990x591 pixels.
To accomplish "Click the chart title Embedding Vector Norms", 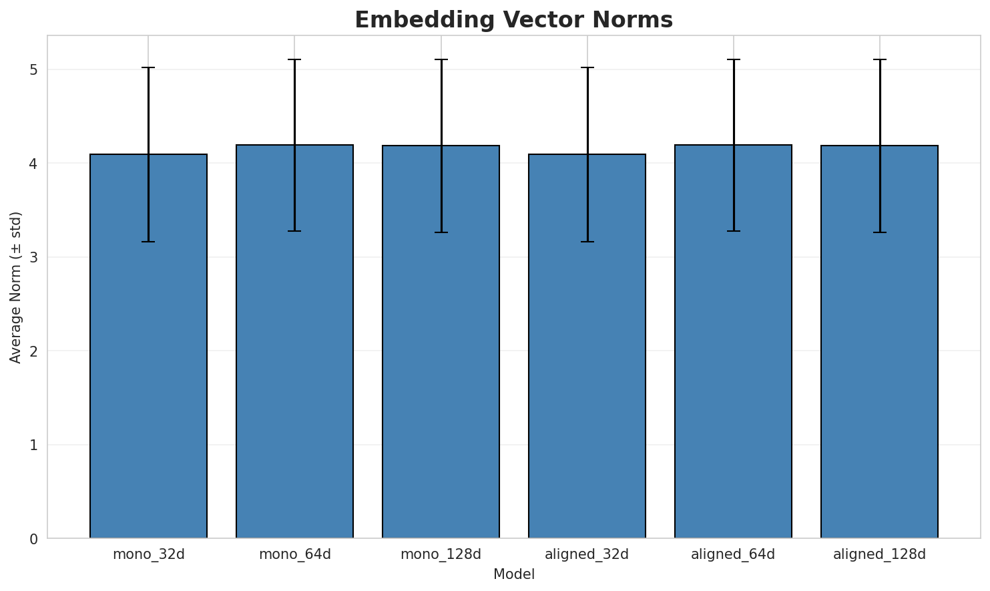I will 513,20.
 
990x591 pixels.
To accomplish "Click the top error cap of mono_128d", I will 441,59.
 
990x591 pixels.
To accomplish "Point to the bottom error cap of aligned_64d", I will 733,231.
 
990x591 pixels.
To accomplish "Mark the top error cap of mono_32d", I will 148,67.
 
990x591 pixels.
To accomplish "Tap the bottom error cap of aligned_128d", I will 879,232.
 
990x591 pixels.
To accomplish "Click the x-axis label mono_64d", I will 294,554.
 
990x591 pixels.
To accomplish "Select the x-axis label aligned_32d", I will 587,554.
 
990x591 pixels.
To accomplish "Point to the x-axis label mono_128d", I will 441,554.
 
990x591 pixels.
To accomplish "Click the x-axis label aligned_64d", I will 733,554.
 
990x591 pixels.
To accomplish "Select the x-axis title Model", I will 513,574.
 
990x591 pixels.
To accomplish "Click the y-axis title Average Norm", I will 16,287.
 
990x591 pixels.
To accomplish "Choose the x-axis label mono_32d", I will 148,554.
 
